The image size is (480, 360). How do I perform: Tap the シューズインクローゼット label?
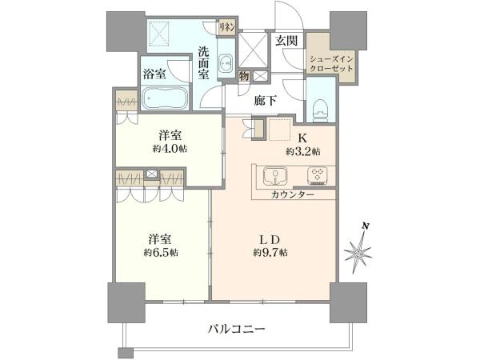click(x=331, y=63)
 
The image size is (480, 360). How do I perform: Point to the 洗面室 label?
click(x=204, y=62)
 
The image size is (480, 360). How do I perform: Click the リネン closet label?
click(x=229, y=29)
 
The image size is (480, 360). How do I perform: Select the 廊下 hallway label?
click(x=266, y=100)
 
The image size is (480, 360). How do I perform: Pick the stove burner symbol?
click(x=317, y=174)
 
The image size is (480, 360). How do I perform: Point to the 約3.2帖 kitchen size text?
click(x=302, y=151)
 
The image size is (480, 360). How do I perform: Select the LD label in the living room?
click(x=271, y=238)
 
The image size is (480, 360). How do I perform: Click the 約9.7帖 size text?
click(x=271, y=253)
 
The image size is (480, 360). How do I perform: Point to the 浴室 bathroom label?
click(x=154, y=74)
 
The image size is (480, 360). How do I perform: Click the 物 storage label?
click(x=242, y=76)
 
